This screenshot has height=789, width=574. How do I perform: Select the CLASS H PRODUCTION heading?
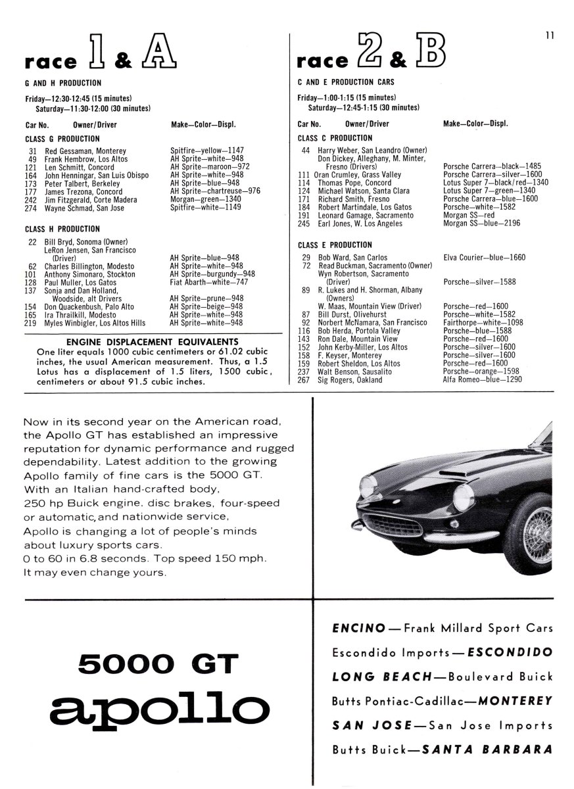coord(62,229)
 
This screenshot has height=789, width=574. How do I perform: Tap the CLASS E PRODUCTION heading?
coord(335,245)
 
